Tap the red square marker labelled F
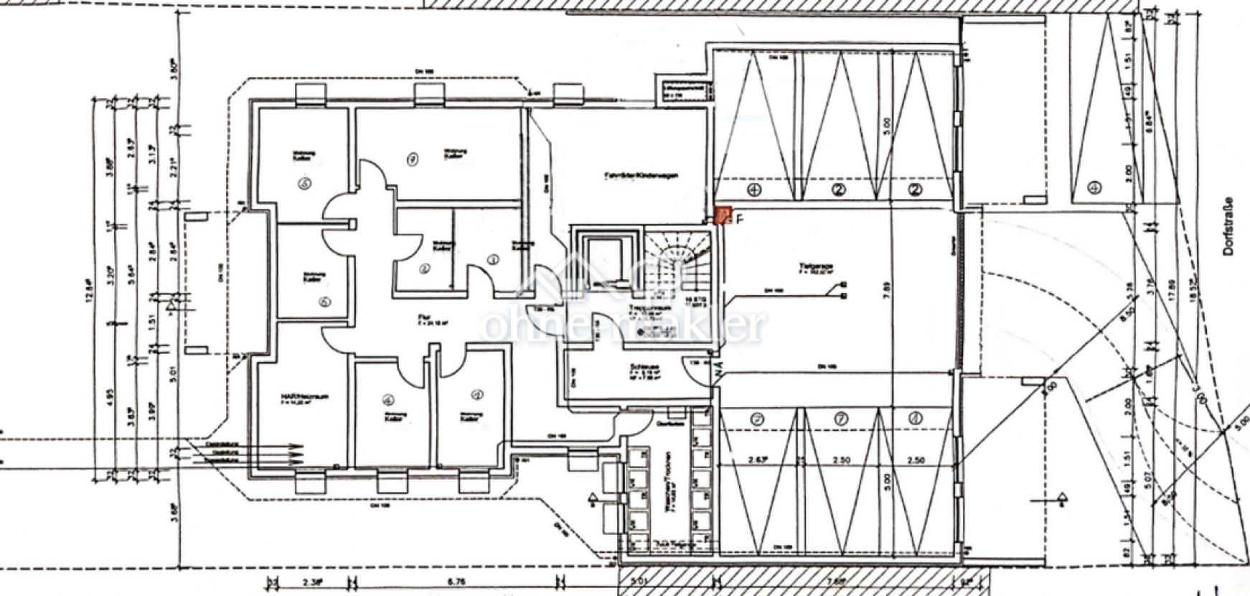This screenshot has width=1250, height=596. [x=723, y=215]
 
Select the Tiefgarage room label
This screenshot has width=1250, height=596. [x=814, y=267]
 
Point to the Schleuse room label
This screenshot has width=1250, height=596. [x=642, y=367]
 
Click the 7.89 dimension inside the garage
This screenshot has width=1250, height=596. [x=888, y=288]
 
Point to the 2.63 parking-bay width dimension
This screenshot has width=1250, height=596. [x=754, y=460]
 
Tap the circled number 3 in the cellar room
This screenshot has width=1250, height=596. [x=492, y=259]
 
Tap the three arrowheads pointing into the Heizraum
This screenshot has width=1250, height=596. [x=295, y=454]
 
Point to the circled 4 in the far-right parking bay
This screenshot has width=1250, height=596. [x=1094, y=189]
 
